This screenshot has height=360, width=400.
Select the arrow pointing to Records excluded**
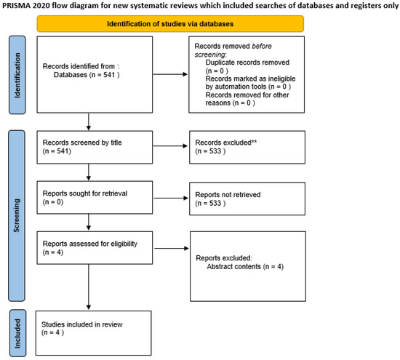click(161, 145)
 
